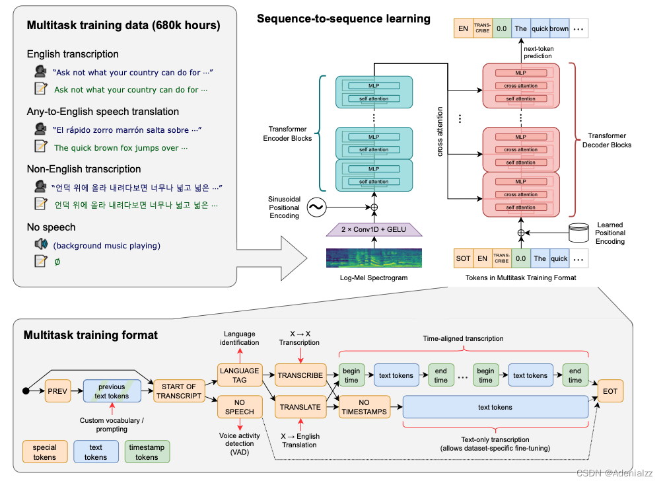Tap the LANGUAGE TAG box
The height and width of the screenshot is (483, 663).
coord(239,375)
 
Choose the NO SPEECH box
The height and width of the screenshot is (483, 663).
coord(239,406)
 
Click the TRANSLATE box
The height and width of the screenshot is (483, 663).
coord(300,407)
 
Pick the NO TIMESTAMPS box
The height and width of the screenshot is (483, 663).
coord(364,407)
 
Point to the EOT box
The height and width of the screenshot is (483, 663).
coord(610,391)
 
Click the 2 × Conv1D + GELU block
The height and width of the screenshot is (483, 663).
coord(374,229)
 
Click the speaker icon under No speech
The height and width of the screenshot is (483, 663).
coord(41,244)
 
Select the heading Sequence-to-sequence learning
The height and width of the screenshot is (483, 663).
coord(343,19)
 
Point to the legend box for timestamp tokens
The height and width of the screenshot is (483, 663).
coord(147,452)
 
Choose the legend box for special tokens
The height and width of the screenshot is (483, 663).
coord(45,452)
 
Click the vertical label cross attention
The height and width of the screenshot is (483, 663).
coord(440,133)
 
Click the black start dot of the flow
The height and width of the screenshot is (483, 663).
coord(26,391)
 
